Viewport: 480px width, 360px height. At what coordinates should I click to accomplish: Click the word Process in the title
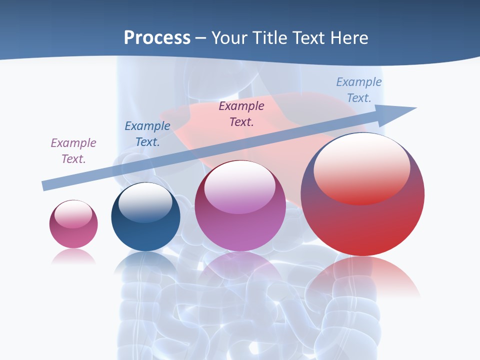[x=157, y=38]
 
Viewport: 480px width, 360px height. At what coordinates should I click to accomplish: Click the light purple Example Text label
[x=73, y=150]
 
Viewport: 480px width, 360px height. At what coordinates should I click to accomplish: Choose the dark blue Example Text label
[x=147, y=134]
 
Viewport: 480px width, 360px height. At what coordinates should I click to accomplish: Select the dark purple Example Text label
[x=241, y=113]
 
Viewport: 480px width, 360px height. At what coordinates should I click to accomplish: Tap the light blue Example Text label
[x=359, y=90]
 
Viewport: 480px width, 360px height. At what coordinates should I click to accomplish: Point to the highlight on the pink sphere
[x=73, y=214]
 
